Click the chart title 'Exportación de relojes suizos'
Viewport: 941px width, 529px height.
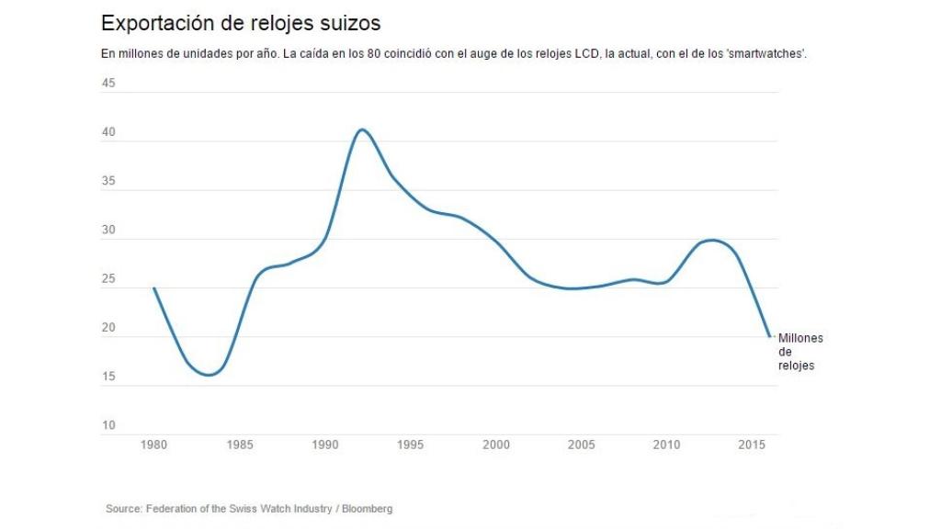[240, 22]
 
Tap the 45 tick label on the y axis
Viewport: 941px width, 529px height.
[108, 84]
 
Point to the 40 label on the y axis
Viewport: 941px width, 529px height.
[108, 132]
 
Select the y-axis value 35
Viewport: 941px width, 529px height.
[108, 181]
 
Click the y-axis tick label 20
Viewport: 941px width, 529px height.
[108, 328]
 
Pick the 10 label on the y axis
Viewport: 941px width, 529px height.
[108, 425]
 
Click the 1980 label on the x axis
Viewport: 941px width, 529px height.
[153, 445]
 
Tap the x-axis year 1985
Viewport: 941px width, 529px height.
[240, 445]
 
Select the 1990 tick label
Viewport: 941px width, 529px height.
[325, 445]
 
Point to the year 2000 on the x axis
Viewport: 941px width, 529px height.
[496, 445]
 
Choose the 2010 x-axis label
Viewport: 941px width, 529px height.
[667, 445]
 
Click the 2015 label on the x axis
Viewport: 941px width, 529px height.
[753, 445]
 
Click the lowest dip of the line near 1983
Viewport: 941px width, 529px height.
[209, 375]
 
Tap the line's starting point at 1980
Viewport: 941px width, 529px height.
[153, 288]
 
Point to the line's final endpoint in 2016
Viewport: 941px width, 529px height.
[770, 336]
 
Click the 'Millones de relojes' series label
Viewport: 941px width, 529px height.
[799, 352]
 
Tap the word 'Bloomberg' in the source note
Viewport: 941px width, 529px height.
[367, 509]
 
